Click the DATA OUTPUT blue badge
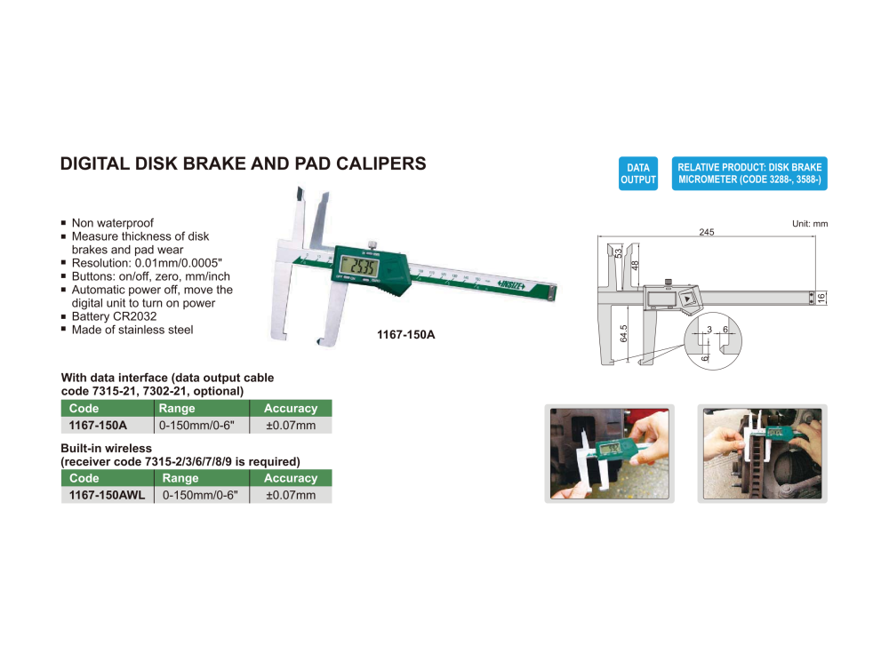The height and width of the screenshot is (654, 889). point(637,173)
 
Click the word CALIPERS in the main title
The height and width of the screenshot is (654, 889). point(376,164)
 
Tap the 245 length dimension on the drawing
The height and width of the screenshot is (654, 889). point(706,232)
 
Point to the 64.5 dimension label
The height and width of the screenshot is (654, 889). point(624,333)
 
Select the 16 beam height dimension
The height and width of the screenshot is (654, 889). point(821,297)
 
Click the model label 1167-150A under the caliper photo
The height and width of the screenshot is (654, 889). point(410,335)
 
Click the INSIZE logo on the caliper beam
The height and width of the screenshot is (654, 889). point(510,284)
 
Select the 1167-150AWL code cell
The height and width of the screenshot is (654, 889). point(107,495)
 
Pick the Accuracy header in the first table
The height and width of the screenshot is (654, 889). point(291,409)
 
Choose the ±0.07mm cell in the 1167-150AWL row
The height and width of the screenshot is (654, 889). point(291,495)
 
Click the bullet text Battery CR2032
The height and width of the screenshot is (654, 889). point(114,316)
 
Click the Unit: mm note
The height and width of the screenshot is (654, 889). point(809,224)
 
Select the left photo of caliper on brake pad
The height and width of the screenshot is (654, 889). point(609,453)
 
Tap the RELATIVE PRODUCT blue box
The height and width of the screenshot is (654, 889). point(749,173)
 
